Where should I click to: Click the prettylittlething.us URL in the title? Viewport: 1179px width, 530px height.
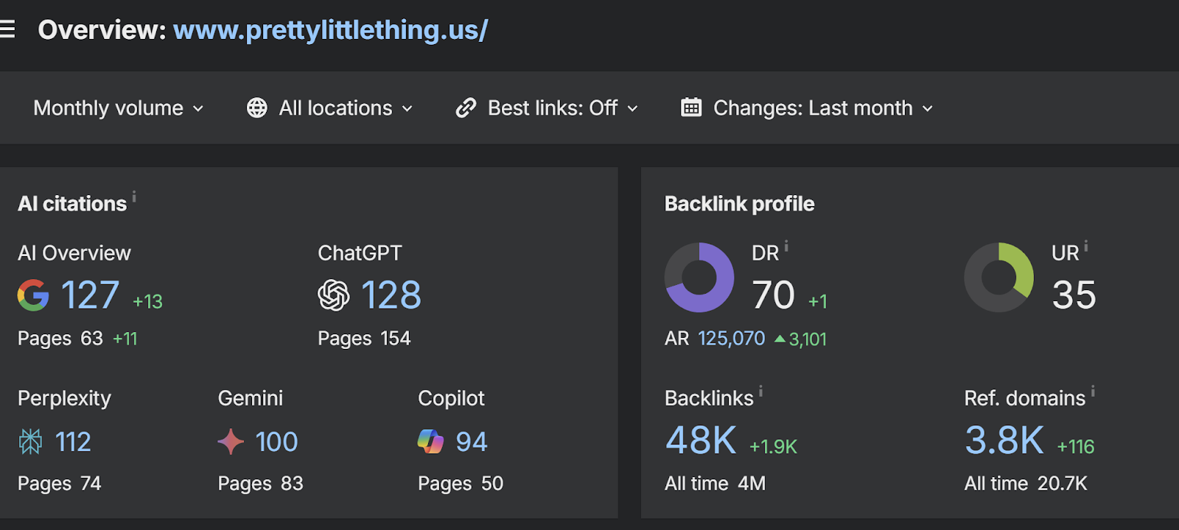coord(330,30)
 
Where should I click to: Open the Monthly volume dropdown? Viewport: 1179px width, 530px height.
coord(118,108)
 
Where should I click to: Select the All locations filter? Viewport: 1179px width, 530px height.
coord(329,108)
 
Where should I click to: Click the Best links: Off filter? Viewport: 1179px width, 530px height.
coord(547,108)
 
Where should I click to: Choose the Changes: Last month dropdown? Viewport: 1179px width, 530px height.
coord(807,108)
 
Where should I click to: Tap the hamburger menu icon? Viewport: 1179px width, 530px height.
coord(7,29)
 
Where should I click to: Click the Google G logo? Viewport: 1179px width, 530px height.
coord(33,295)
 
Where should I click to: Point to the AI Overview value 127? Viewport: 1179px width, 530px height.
coord(90,295)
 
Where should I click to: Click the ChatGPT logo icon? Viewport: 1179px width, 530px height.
coord(334,295)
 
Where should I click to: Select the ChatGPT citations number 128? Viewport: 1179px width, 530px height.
coord(391,295)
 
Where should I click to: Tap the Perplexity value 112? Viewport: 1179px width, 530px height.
coord(73,442)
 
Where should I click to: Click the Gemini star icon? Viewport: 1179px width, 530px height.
coord(231,442)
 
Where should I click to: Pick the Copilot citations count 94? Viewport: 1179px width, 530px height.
coord(471,442)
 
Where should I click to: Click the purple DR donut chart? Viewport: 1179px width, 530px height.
coord(699,278)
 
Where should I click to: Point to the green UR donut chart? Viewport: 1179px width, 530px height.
coord(999,278)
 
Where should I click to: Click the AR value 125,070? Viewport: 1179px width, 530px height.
coord(731,339)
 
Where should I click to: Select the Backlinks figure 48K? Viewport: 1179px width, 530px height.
coord(701,440)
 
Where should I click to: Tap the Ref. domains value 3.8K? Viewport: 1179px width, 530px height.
coord(1004,440)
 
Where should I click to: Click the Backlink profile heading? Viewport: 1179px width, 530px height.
coord(739,204)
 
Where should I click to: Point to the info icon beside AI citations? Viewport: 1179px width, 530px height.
coord(134,197)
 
